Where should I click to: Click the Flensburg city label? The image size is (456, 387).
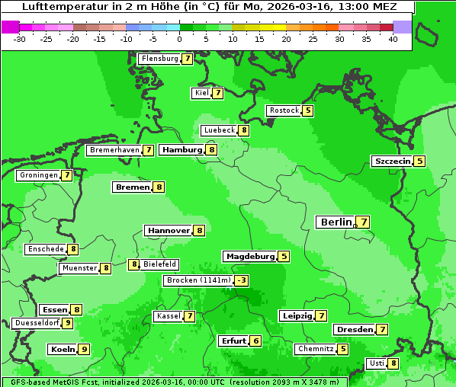(159, 59)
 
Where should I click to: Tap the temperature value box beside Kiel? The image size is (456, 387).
(217, 94)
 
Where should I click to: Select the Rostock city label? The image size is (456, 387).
(284, 110)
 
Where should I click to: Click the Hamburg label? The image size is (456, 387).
(181, 150)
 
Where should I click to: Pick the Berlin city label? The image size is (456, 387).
(336, 222)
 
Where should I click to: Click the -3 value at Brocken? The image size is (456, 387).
(242, 280)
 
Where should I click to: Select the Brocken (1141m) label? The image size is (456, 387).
(197, 280)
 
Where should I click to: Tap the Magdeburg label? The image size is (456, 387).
(249, 257)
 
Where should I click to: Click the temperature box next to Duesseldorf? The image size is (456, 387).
(68, 323)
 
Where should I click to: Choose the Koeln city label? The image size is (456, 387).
(63, 350)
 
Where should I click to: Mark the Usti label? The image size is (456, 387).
(376, 363)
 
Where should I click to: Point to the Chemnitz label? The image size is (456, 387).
(315, 349)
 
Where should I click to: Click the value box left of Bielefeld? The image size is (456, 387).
(134, 264)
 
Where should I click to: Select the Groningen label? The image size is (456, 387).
(39, 175)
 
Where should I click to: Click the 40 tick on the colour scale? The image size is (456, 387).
(393, 39)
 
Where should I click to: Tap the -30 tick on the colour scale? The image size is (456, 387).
(20, 39)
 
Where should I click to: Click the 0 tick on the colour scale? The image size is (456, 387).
(179, 39)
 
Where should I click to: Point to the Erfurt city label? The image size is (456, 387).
(233, 341)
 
